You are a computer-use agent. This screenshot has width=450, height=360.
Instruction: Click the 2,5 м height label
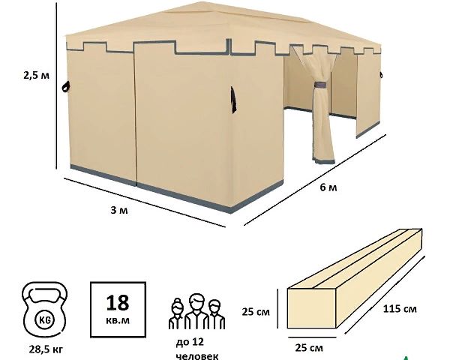pyautogui.click(x=36, y=76)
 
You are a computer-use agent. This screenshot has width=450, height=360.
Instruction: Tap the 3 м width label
pyautogui.click(x=119, y=211)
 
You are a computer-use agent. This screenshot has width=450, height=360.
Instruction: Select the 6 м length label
pyautogui.click(x=328, y=187)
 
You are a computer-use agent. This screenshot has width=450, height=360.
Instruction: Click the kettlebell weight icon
pyautogui.click(x=44, y=311)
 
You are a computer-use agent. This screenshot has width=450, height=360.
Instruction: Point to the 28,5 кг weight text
pyautogui.click(x=46, y=349)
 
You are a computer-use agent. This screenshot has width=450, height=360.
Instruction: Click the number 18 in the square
pyautogui.click(x=118, y=303)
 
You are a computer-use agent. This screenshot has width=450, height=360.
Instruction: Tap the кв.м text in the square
pyautogui.click(x=118, y=319)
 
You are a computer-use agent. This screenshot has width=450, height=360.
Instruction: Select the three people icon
pyautogui.click(x=196, y=311)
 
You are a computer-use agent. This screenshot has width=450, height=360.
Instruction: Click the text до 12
pyautogui.click(x=190, y=342)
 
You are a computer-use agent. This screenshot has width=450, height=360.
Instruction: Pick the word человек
pyautogui.click(x=196, y=356)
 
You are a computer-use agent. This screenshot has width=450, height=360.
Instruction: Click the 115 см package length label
pyautogui.click(x=400, y=309)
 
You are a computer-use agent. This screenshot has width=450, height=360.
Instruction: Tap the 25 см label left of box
pyautogui.click(x=256, y=312)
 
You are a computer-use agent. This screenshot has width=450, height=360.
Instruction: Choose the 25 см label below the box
pyautogui.click(x=309, y=348)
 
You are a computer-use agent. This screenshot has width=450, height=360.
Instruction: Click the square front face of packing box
pyautogui.click(x=311, y=308)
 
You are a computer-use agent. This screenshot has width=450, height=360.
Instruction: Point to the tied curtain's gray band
pyautogui.click(x=322, y=85)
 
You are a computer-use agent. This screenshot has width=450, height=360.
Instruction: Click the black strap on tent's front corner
pyautogui.click(x=233, y=100)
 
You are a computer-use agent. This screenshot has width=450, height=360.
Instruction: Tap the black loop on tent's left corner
pyautogui.click(x=66, y=87)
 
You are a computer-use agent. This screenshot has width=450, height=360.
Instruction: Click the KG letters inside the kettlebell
pyautogui.click(x=44, y=319)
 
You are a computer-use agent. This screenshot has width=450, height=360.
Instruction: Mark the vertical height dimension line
pyautogui.click(x=56, y=86)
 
